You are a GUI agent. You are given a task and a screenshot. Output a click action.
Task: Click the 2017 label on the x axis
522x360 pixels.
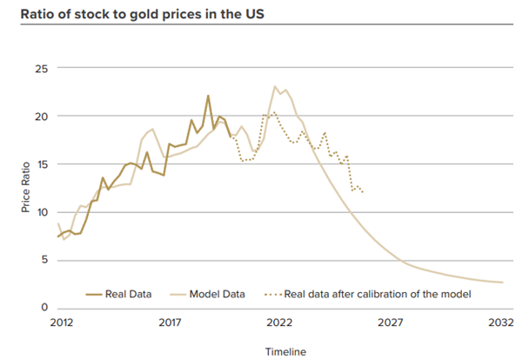[x=169, y=323]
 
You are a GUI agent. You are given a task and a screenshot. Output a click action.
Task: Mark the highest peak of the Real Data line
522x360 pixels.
[x=208, y=96]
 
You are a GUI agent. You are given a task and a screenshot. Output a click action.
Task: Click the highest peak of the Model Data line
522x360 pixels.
[x=275, y=86]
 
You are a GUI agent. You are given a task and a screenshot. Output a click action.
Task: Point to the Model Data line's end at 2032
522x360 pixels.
[x=502, y=282]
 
